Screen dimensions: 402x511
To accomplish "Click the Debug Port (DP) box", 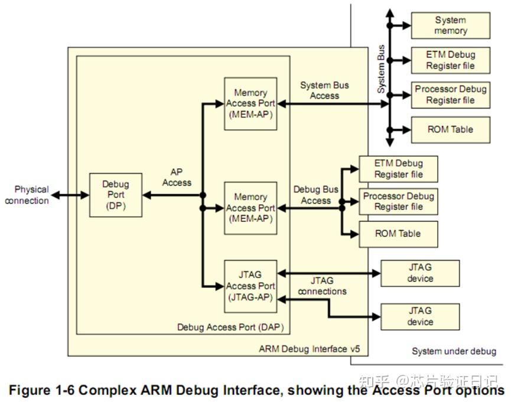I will coord(115,195).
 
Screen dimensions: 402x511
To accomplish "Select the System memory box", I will coord(450,25).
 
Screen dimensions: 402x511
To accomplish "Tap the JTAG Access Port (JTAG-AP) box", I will coord(250,286).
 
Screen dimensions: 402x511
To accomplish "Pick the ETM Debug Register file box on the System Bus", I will coord(450,60).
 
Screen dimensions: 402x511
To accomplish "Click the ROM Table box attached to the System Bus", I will coord(450,129).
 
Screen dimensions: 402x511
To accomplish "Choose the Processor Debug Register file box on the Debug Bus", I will coord(398,201).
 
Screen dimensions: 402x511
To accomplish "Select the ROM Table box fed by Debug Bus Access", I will coord(398,234).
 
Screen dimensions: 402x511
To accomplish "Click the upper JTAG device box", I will coord(420,273).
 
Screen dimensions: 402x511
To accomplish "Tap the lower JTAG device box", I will coord(420,316).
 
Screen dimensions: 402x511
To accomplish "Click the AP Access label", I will coord(177,177).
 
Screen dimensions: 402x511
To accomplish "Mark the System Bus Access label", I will coord(324,90).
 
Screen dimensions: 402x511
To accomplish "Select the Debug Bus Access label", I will coord(316,195).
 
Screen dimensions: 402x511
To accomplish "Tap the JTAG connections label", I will coord(322,286).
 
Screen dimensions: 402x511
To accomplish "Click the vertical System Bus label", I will coord(382,70).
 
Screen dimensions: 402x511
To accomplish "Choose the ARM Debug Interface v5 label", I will coord(309,349).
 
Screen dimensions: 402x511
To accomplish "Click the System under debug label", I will coord(454,351).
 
